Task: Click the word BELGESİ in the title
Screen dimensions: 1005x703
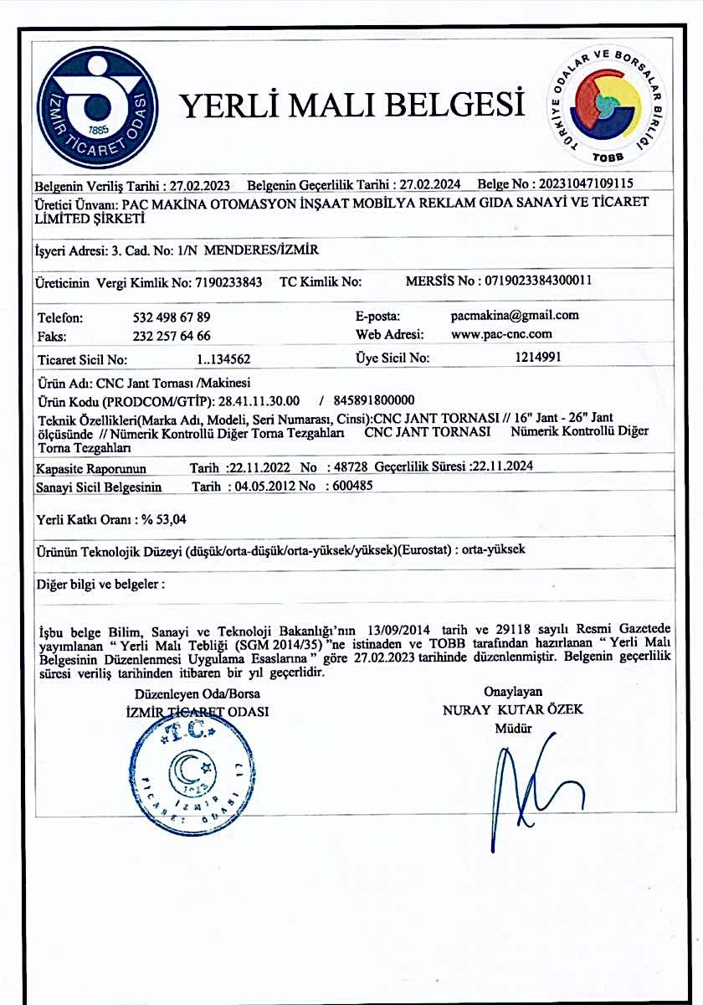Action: click(455, 106)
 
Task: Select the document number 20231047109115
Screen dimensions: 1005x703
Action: click(586, 183)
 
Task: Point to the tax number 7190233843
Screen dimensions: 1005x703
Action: click(228, 283)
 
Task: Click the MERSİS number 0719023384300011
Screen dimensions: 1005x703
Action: click(536, 281)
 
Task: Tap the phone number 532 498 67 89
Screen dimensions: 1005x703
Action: click(172, 318)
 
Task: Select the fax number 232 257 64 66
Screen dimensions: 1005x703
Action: click(172, 336)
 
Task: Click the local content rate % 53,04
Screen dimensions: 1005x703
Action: click(163, 520)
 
